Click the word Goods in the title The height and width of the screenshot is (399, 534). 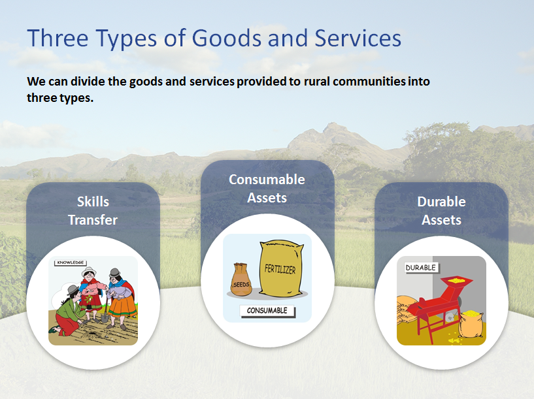tap(227, 38)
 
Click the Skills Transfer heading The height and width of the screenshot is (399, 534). tap(93, 210)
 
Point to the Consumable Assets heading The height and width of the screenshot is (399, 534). tap(267, 189)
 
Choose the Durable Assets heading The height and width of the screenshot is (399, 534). tap(441, 210)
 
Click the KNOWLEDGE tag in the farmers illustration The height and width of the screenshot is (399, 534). tap(71, 263)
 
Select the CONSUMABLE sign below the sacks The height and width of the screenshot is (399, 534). tap(267, 311)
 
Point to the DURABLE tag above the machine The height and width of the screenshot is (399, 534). tap(421, 268)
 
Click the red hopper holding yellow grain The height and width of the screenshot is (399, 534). tap(456, 284)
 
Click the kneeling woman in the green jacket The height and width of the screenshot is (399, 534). tap(68, 312)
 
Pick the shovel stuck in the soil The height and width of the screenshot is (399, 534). tap(105, 310)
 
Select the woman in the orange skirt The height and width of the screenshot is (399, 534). tap(121, 298)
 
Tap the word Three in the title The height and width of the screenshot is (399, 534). tap(58, 38)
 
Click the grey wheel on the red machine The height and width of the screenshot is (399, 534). tap(450, 317)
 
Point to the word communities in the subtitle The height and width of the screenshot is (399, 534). tap(369, 81)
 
